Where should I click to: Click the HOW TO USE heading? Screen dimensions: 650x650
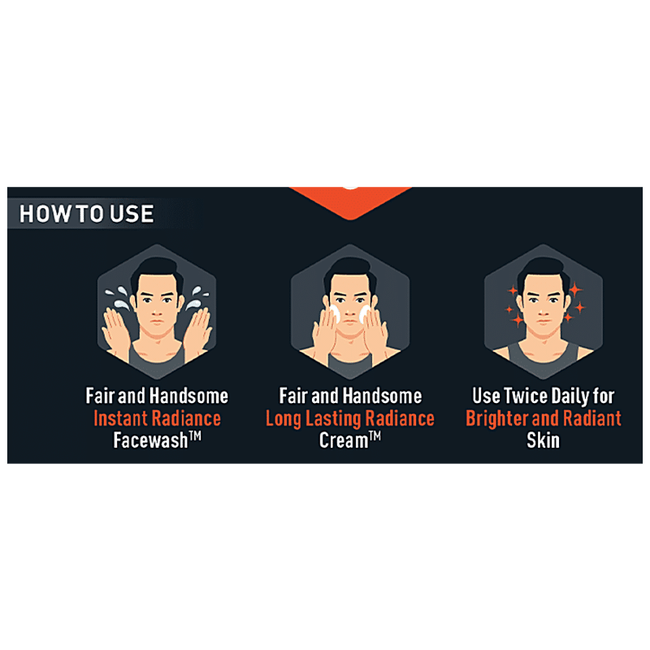click(x=87, y=214)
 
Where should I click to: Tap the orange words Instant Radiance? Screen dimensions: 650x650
click(x=157, y=418)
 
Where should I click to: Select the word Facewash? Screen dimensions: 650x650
click(x=150, y=440)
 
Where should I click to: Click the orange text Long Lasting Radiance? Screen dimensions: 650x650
click(x=350, y=418)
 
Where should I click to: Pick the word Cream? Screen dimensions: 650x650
click(x=344, y=440)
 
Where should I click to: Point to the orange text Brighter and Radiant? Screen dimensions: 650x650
click(x=544, y=418)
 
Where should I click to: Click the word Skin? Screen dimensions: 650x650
click(x=543, y=440)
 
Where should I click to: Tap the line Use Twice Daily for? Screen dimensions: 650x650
click(x=544, y=396)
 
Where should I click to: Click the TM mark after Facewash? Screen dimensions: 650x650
click(x=195, y=435)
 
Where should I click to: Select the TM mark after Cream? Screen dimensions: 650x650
click(x=375, y=435)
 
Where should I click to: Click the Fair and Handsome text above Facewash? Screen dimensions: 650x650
click(x=157, y=396)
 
